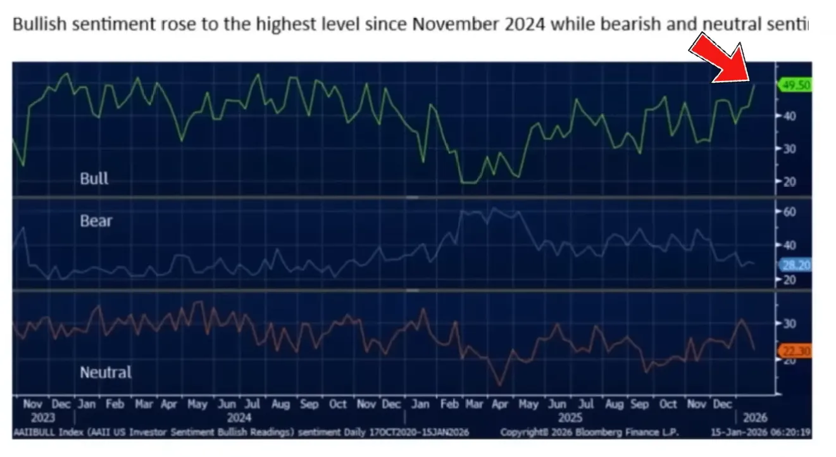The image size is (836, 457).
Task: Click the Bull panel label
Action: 94,178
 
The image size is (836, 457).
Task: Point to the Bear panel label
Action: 96,221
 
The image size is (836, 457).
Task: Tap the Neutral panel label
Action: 106,372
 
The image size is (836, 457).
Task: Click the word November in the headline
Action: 449,25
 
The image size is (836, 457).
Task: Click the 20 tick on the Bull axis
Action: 788,182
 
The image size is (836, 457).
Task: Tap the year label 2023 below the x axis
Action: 43,418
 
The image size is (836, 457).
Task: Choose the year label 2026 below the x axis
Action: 756,418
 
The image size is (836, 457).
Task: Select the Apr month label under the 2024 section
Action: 169,404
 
